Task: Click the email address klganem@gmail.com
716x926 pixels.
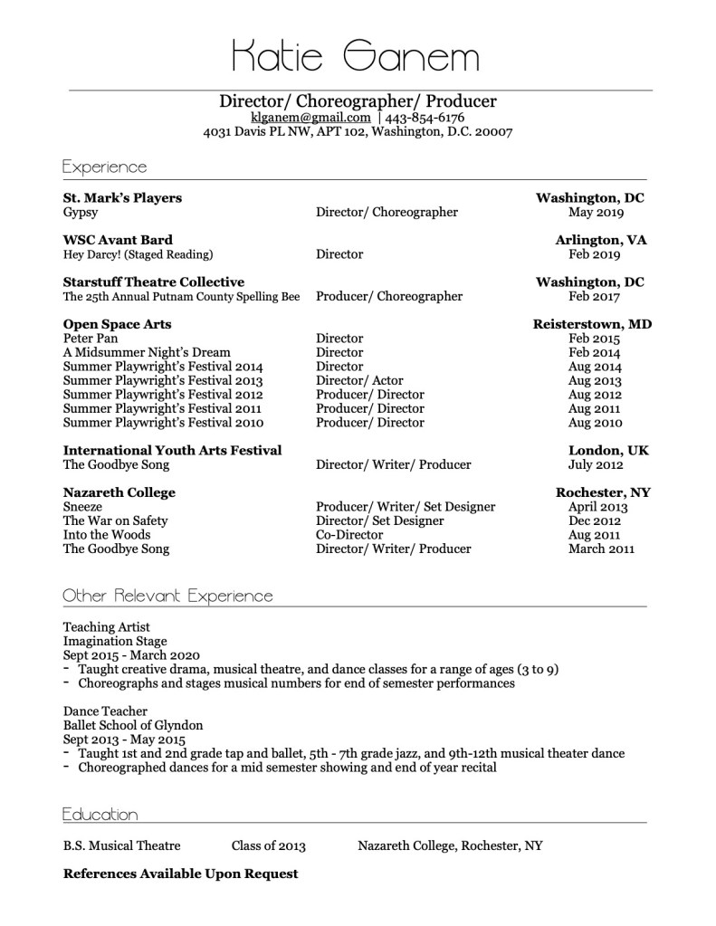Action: pos(310,118)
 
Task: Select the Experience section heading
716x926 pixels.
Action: pos(104,167)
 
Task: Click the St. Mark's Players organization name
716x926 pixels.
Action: pos(122,197)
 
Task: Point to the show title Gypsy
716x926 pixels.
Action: pos(81,213)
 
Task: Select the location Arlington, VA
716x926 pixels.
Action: pos(603,240)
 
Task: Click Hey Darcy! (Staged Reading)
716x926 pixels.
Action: pos(138,254)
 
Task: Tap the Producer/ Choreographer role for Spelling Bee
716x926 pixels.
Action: pos(388,296)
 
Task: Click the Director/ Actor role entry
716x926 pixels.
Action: pos(359,381)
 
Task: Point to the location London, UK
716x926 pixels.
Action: pos(608,450)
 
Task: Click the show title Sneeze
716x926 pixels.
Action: pos(82,507)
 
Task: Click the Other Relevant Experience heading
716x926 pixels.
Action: pos(167,596)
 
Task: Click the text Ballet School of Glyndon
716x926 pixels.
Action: pos(133,725)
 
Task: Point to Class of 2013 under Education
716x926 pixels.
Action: pos(268,845)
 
